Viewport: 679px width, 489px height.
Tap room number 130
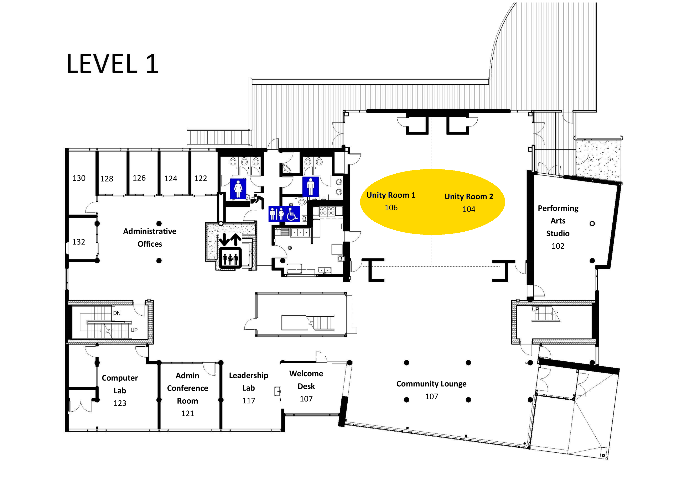click(x=79, y=178)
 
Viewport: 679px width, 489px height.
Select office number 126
click(x=139, y=178)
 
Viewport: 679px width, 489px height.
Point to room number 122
click(x=201, y=178)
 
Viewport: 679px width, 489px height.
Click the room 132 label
click(x=79, y=242)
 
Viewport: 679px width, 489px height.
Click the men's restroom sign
click(x=310, y=186)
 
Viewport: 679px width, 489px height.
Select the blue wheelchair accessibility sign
click(x=292, y=214)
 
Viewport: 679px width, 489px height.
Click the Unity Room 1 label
click(x=391, y=195)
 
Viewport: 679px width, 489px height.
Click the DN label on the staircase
click(x=117, y=313)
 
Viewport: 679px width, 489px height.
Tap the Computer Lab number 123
click(x=120, y=403)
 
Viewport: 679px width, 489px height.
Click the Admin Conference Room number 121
click(x=188, y=413)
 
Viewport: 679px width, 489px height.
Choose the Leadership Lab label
click(x=248, y=382)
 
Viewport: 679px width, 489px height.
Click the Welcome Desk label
click(x=306, y=380)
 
